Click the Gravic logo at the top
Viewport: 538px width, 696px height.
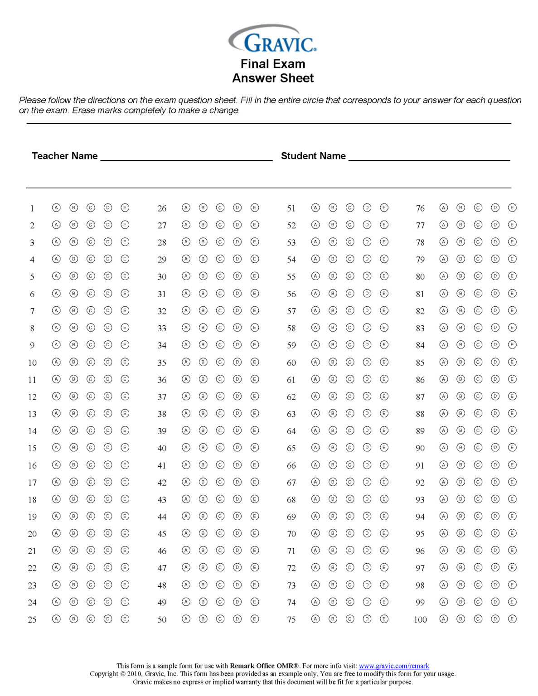coord(272,39)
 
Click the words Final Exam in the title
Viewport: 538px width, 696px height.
coord(272,64)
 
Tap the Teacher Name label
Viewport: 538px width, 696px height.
coord(64,156)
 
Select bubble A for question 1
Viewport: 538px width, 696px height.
coord(56,208)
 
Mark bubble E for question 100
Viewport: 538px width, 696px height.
coord(512,619)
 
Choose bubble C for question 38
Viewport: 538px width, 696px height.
coord(220,413)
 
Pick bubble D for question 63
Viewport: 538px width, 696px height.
coord(367,413)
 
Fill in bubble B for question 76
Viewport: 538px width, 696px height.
coord(460,208)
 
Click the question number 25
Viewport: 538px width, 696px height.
coord(32,619)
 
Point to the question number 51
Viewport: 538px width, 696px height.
coord(291,208)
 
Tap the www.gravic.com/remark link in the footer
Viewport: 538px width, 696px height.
coord(394,666)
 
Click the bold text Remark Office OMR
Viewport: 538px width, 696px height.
coord(264,666)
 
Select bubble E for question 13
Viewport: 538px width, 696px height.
coord(125,413)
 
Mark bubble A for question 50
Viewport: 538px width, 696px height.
coord(186,619)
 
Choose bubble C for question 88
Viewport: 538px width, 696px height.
coord(478,413)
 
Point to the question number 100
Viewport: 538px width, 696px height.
coord(420,619)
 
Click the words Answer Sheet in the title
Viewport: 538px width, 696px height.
coord(272,78)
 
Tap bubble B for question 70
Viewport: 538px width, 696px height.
coord(333,533)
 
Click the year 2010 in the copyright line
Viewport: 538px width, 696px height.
coord(135,674)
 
